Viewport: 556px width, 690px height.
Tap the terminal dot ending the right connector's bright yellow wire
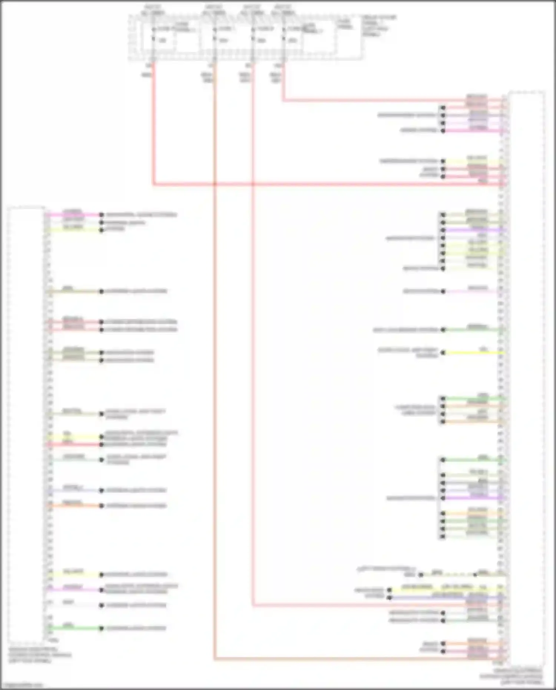(x=443, y=353)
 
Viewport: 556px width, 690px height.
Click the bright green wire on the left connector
(x=74, y=628)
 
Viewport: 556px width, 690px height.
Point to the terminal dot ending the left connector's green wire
(x=101, y=628)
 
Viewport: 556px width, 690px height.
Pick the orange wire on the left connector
(x=74, y=506)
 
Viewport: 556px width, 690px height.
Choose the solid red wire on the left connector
(x=74, y=444)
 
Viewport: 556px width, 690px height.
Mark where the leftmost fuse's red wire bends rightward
(x=153, y=184)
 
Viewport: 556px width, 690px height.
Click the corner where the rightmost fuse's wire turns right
(x=284, y=100)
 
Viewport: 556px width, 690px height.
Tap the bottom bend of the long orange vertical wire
(x=215, y=659)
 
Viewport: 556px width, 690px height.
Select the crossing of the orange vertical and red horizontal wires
(x=215, y=184)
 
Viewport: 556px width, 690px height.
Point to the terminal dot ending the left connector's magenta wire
(x=101, y=215)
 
